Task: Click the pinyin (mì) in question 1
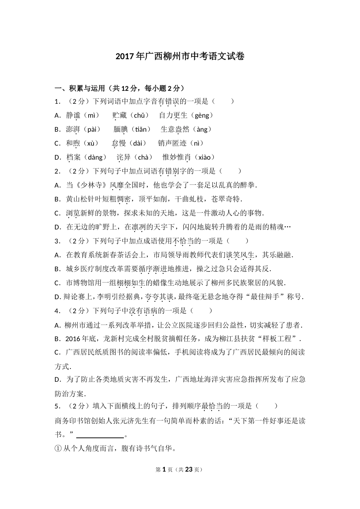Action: pyautogui.click(x=91, y=116)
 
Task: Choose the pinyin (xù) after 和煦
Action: pyautogui.click(x=90, y=144)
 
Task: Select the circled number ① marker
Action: pyautogui.click(x=58, y=449)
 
